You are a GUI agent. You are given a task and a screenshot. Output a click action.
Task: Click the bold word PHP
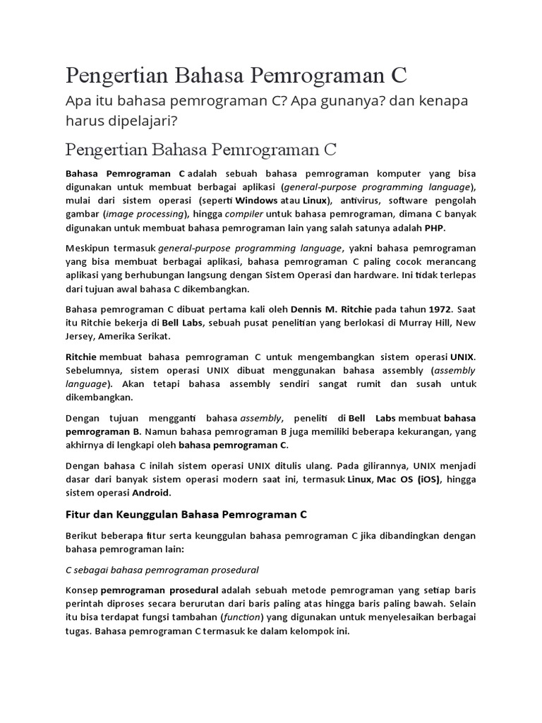[435, 228]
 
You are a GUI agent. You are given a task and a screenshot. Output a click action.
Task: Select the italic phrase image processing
[145, 214]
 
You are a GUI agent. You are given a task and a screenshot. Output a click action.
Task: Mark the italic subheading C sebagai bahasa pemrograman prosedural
[162, 569]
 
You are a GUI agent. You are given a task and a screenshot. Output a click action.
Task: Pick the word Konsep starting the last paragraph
[81, 590]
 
